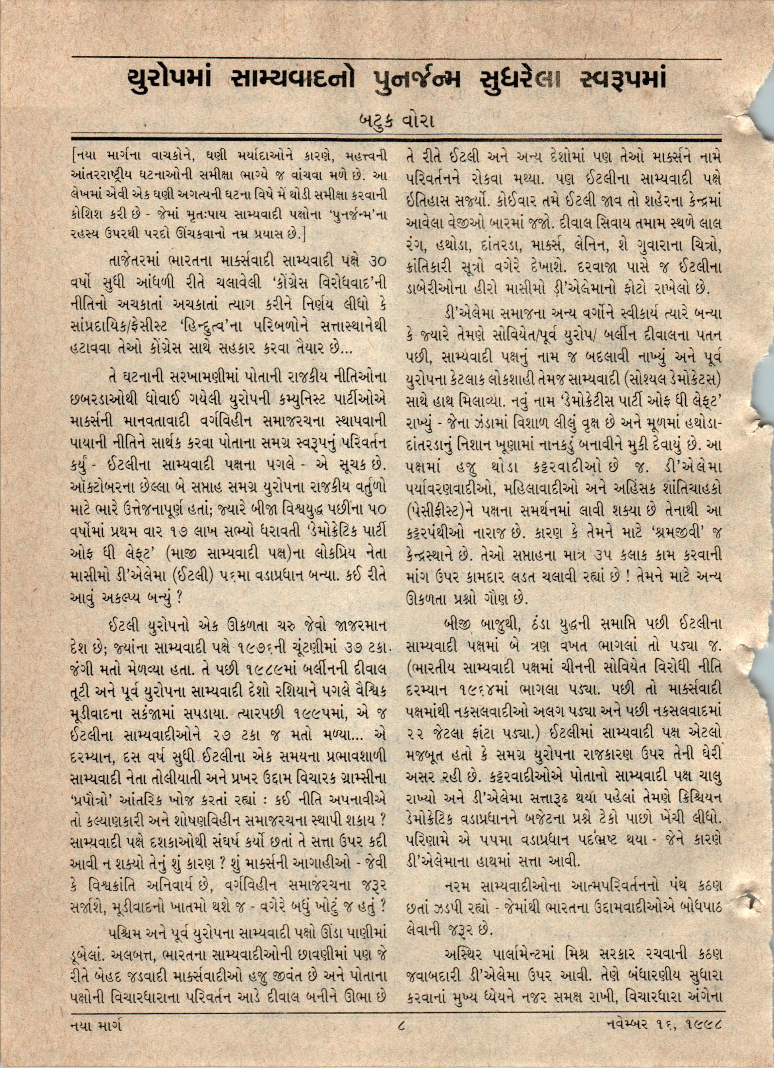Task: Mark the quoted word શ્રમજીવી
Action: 675,532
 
